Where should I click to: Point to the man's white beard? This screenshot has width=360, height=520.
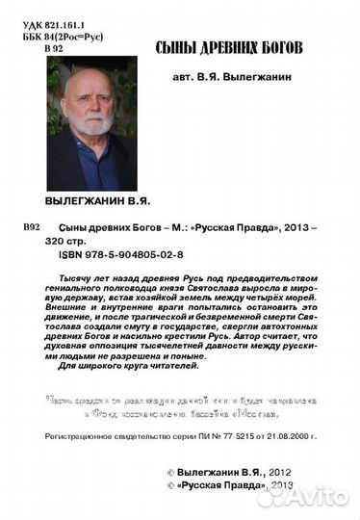[x=93, y=126]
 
